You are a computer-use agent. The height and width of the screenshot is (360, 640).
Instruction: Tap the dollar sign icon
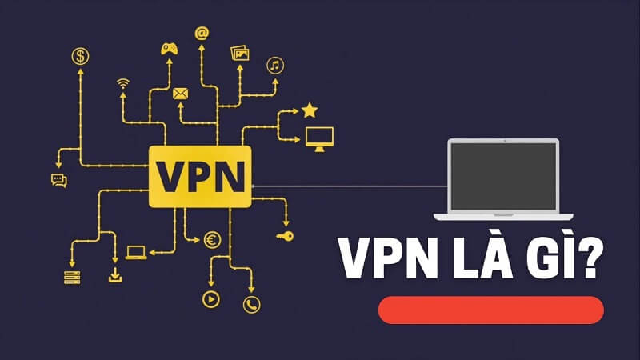tap(80, 56)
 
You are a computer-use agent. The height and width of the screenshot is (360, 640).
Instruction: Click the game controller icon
tap(170, 48)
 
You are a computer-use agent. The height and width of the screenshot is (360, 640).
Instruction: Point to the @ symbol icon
tap(202, 34)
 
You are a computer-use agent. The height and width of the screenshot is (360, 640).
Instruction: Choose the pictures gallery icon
tap(240, 53)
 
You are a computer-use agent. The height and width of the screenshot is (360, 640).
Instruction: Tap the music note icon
tap(274, 65)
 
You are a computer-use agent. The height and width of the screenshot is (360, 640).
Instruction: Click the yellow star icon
tap(310, 110)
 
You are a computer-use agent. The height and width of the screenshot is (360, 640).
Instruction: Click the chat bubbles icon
tap(58, 180)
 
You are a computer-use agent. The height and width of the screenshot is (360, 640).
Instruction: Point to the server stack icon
tap(73, 277)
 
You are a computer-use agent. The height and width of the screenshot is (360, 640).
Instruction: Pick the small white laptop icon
tap(136, 253)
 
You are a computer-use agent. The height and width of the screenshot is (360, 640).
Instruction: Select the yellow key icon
tap(285, 236)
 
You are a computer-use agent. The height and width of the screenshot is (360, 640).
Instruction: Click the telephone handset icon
tap(253, 303)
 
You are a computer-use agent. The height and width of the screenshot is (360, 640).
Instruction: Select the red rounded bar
tap(490, 310)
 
